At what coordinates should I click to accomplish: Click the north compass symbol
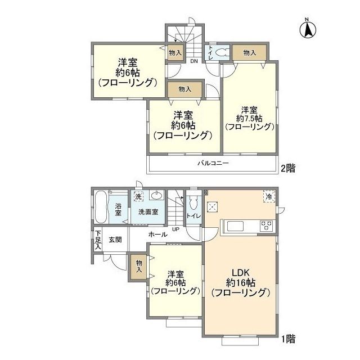pos(309,29)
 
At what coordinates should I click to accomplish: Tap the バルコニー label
pos(213,164)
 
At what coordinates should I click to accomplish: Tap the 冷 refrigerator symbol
pos(268,196)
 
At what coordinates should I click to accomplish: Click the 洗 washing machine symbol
pos(138,196)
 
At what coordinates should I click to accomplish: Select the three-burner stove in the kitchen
pos(266,226)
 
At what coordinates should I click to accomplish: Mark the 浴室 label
pos(119,210)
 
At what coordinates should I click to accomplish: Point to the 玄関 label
pos(115,239)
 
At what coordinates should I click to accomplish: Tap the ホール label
pos(157,233)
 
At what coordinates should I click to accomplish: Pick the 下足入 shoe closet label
pos(98,240)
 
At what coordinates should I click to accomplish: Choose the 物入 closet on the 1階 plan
pos(138,267)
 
